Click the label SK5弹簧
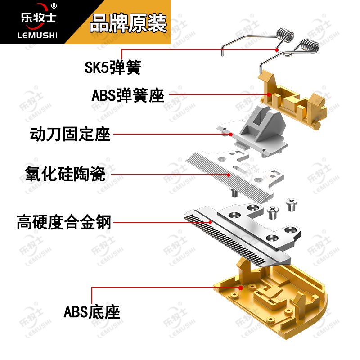(x=113, y=67)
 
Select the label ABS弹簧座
(x=128, y=95)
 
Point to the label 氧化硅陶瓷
(x=65, y=174)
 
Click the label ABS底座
(x=92, y=311)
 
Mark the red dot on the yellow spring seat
(x=269, y=94)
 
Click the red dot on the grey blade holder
(x=230, y=134)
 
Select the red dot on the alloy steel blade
(x=210, y=222)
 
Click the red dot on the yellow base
(x=242, y=287)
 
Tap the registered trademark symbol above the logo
(x=54, y=6)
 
